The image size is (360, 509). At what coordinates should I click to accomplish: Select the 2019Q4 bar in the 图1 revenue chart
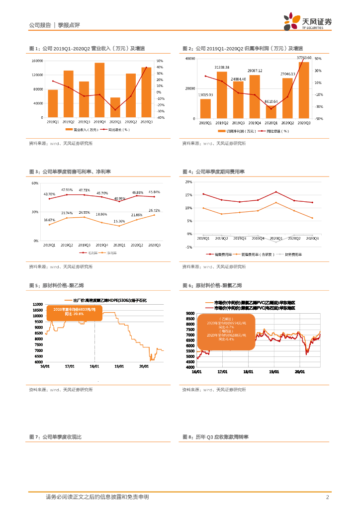tap(99, 90)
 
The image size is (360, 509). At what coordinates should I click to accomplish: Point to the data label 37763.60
tap(304, 58)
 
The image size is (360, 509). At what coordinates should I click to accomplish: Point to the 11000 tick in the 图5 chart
tap(38, 304)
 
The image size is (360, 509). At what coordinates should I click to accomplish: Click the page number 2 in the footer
tap(327, 497)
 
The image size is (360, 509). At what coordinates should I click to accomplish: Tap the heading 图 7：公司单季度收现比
tap(56, 436)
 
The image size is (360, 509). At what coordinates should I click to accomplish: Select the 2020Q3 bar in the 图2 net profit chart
tap(304, 90)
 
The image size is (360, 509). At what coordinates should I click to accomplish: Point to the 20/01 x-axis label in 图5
tap(144, 366)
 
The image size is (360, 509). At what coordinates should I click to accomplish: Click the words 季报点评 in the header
tap(69, 25)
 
